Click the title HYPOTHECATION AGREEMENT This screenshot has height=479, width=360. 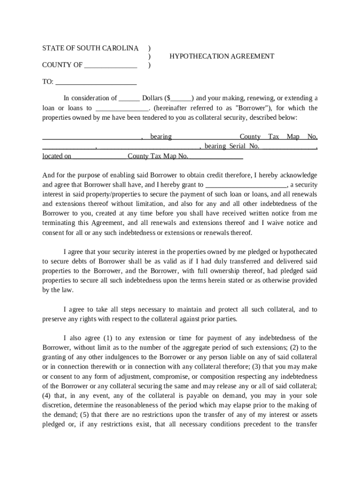click(222, 56)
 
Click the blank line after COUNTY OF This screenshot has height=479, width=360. click(111, 65)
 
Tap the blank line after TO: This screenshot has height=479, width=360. click(96, 82)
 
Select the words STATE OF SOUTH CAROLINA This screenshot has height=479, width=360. click(90, 48)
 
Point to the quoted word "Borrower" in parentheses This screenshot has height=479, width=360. click(251, 108)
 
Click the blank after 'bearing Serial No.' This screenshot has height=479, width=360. click(288, 147)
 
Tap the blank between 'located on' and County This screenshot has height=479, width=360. click(100, 157)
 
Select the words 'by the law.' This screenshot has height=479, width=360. click(58, 290)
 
